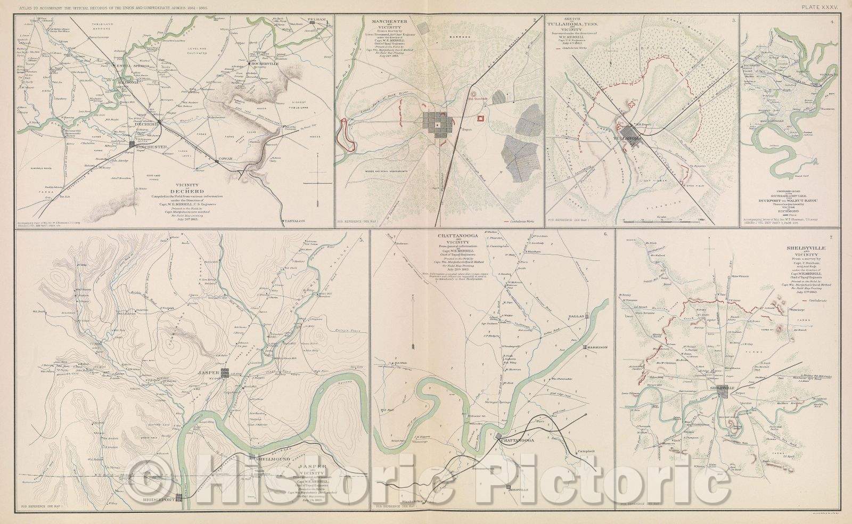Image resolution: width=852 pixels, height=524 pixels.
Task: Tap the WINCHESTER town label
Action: point(154,147)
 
